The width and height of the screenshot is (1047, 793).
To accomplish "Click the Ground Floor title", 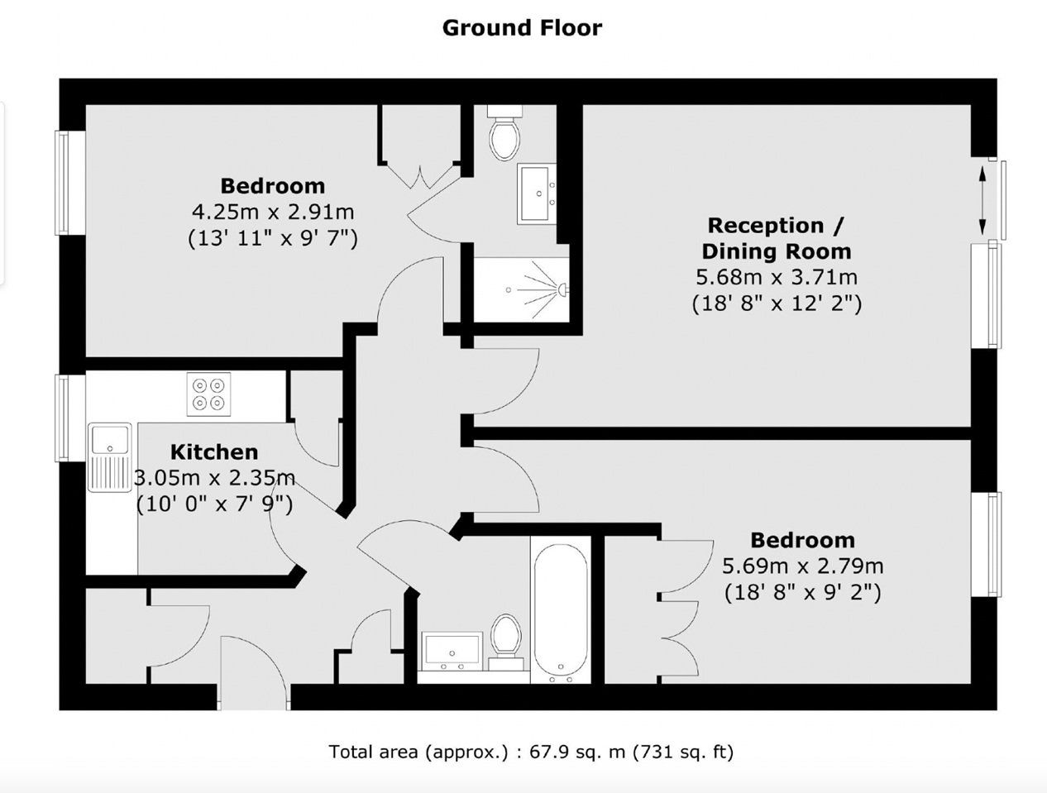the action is (522, 28).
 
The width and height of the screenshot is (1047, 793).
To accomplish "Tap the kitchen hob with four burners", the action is (209, 394).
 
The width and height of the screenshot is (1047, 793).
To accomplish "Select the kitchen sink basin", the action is (110, 440).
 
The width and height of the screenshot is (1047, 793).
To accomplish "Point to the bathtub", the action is (561, 614).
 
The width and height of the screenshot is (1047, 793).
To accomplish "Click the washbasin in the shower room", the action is (536, 193).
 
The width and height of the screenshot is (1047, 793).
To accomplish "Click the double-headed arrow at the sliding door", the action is (982, 200).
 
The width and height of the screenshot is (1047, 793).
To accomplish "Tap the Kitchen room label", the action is (214, 452).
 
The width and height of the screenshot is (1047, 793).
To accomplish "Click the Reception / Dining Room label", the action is (777, 238).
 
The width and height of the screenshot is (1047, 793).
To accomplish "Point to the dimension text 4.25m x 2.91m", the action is (273, 212).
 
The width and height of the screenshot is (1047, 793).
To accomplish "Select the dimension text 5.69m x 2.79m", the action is (803, 566).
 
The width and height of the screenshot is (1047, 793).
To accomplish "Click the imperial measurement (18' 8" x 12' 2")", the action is (777, 303).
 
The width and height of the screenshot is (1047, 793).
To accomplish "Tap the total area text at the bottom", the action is (531, 752).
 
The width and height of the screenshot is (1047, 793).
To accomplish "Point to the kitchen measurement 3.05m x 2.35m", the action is (214, 478).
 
